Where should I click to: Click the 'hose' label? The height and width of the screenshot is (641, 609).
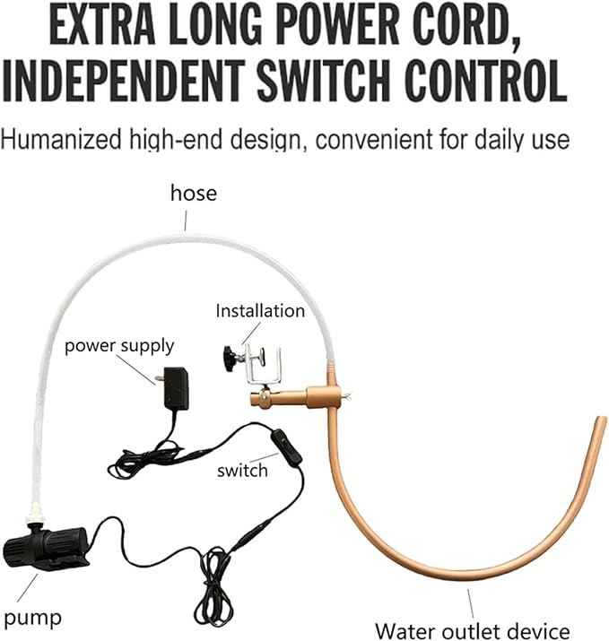point(194,193)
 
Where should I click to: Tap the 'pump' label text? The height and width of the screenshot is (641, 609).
point(32,619)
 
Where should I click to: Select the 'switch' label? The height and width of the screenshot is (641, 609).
point(242,471)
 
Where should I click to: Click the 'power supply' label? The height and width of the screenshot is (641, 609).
point(119,346)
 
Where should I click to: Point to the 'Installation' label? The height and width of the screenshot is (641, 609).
point(260,311)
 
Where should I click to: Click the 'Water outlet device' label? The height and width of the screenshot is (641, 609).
point(473,631)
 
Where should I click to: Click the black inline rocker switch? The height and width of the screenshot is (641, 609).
point(286,446)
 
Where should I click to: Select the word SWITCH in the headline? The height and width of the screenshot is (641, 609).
point(323,82)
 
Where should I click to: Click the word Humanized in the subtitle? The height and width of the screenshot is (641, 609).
point(61,139)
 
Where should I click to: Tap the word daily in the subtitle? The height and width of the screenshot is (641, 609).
point(502,140)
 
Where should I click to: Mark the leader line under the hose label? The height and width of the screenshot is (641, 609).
point(186,221)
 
